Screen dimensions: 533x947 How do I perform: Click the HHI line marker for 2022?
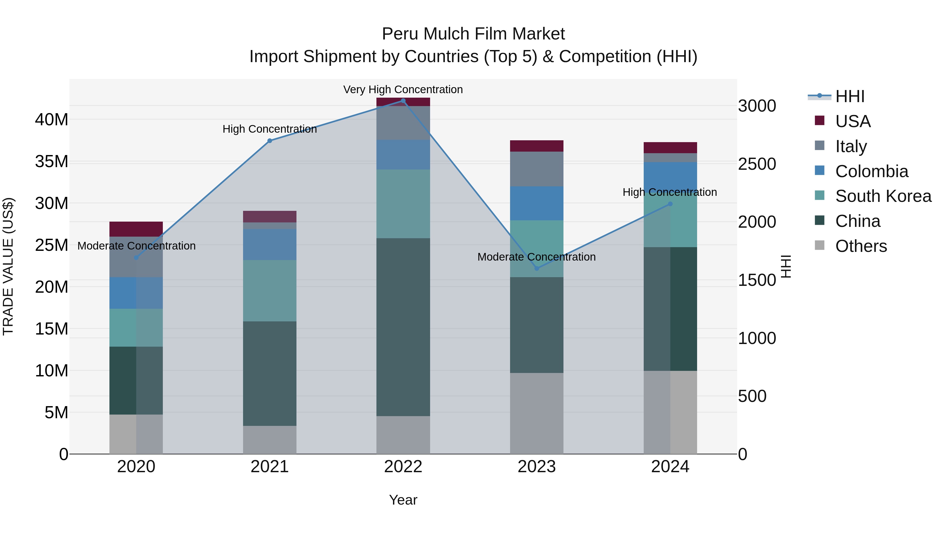click(403, 101)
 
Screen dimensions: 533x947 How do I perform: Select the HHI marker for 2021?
click(269, 141)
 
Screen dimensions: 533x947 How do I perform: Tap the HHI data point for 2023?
click(536, 268)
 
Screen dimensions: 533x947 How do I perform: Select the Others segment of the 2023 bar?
click(536, 414)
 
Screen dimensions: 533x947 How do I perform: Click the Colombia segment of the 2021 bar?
click(269, 245)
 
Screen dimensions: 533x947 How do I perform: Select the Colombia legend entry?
click(871, 171)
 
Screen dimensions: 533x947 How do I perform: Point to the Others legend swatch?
click(819, 245)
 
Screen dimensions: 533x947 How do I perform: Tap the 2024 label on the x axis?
click(670, 467)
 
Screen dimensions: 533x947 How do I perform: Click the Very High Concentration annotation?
click(403, 89)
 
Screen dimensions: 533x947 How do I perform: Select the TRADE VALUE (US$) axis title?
click(8, 266)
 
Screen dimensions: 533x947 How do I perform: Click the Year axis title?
click(403, 500)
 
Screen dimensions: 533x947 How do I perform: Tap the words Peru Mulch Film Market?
click(473, 34)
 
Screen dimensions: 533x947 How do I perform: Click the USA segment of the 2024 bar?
click(670, 147)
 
